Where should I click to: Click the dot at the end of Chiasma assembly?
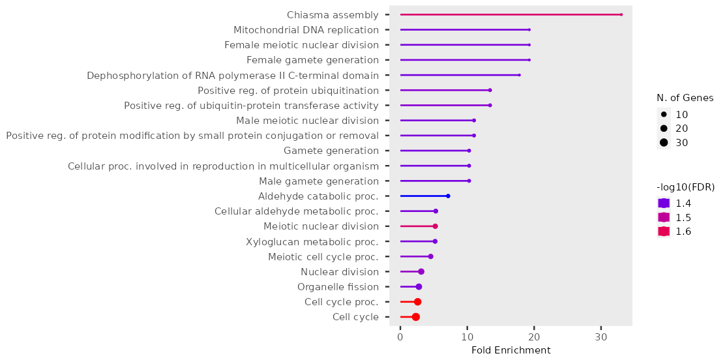tap(621, 14)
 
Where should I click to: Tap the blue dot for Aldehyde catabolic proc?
tap(448, 196)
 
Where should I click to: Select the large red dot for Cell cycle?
tap(416, 317)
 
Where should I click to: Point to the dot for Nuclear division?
tap(421, 272)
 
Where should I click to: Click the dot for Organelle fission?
tap(419, 287)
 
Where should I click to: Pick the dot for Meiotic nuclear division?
tap(436, 226)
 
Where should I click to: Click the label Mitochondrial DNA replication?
tap(306, 30)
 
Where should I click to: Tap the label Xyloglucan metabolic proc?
tap(312, 242)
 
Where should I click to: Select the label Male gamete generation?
tap(319, 181)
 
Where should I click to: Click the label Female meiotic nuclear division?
tap(301, 45)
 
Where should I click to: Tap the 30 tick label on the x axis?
tap(601, 337)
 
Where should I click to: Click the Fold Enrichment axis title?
tap(510, 351)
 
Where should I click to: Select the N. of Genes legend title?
tap(685, 98)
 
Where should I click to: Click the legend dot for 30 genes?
tap(664, 143)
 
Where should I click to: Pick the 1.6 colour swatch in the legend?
tap(664, 232)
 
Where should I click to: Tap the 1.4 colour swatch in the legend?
tap(664, 203)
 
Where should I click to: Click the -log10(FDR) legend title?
tap(685, 187)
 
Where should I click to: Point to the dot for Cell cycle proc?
tap(418, 302)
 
